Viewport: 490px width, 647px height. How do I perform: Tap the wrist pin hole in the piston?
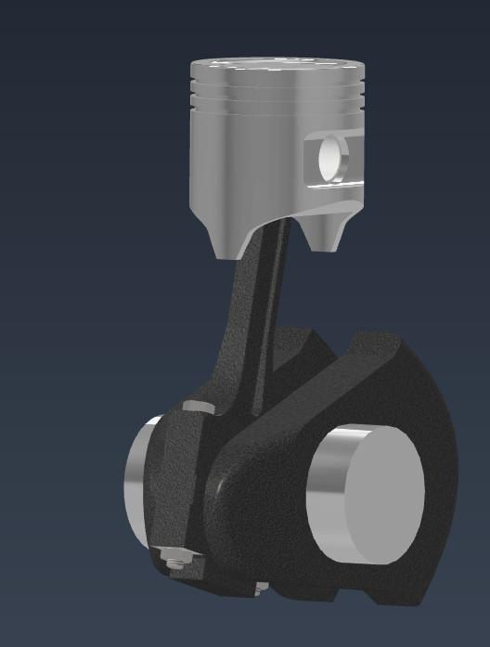coord(329,157)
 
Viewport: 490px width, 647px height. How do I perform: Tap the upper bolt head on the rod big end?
coord(198,407)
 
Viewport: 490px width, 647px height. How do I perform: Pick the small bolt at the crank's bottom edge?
coord(261,588)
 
